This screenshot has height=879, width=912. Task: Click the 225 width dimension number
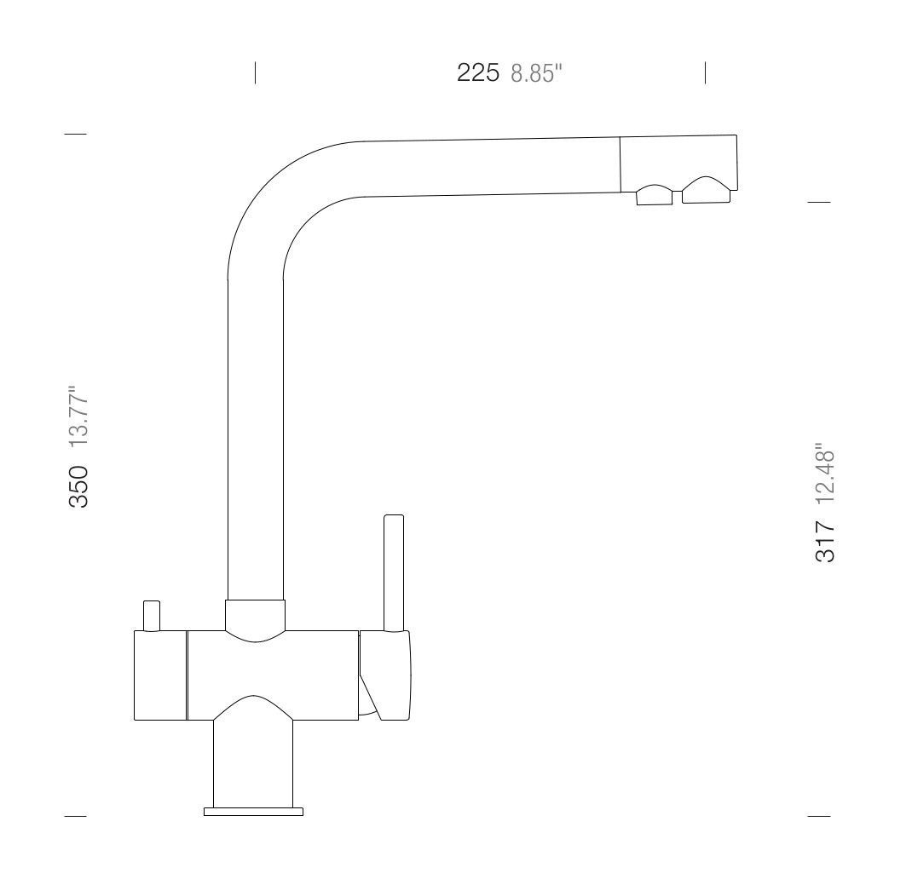tap(477, 72)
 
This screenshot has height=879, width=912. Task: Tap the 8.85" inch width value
tap(537, 73)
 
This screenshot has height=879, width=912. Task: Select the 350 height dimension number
tap(78, 486)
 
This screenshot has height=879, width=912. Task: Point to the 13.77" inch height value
tap(78, 416)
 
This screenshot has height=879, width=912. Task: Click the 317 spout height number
tap(825, 541)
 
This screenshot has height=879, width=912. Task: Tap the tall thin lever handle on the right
tap(394, 572)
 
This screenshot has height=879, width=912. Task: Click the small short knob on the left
tap(151, 616)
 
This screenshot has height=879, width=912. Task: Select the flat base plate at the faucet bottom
tap(254, 812)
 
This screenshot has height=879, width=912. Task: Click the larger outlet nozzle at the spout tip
tap(706, 190)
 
